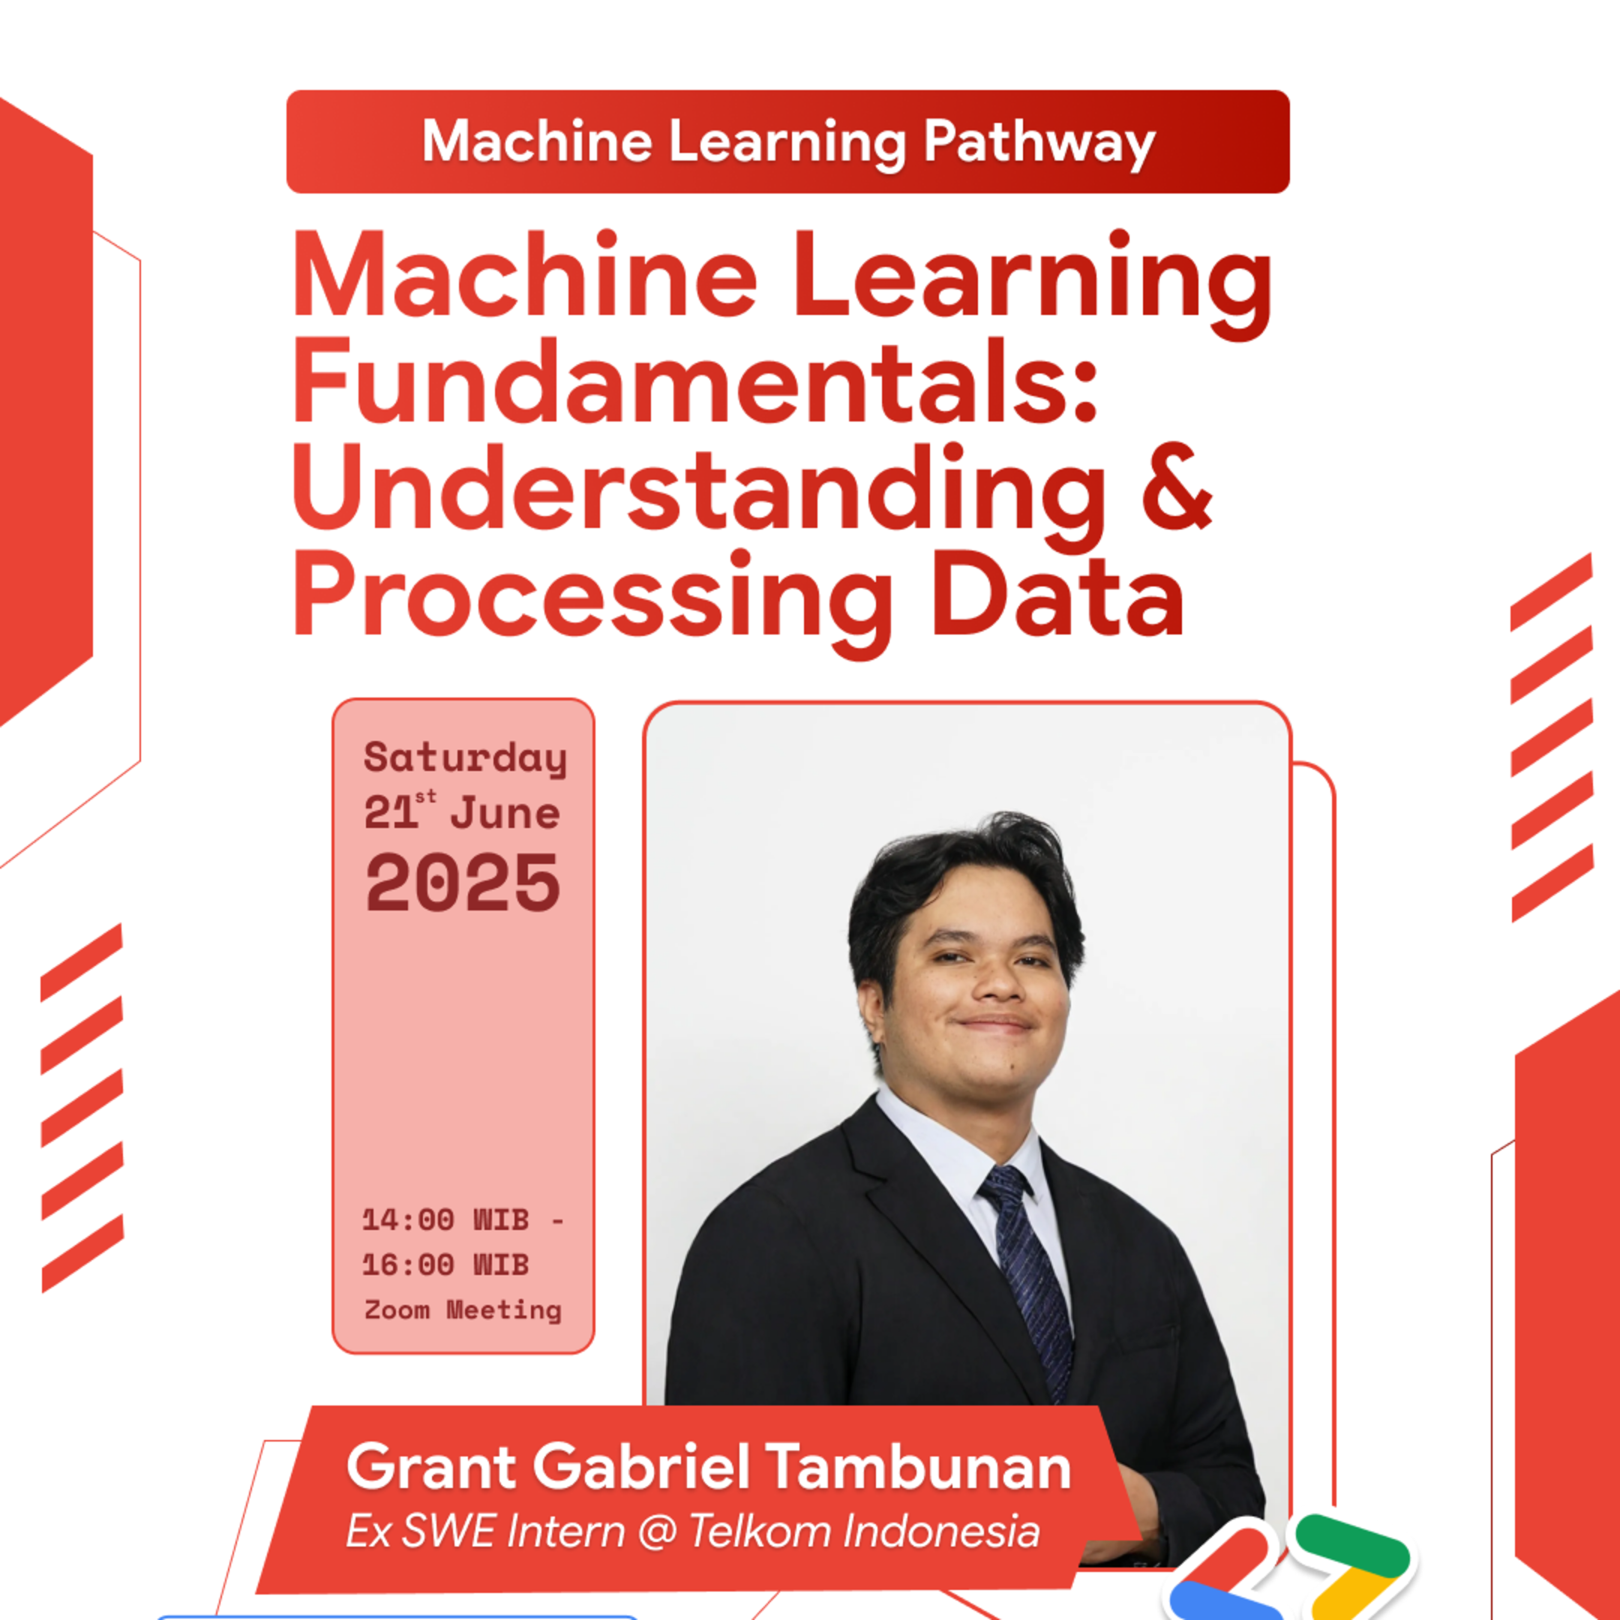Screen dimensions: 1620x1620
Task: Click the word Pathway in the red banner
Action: (1039, 142)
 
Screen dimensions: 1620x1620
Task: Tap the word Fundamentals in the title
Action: (694, 382)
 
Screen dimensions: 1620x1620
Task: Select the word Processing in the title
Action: (592, 597)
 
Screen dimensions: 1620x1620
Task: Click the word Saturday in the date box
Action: (465, 758)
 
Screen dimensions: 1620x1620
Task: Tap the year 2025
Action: (463, 883)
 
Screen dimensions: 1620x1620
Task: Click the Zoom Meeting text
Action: (463, 1309)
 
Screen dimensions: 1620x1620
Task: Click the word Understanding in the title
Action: (698, 489)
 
